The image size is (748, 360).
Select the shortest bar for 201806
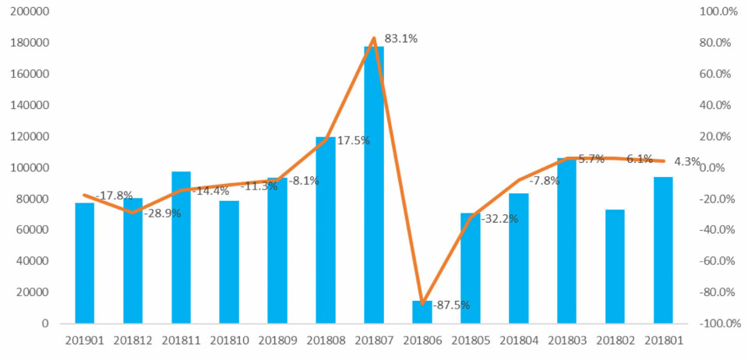point(422,312)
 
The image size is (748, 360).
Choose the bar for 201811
point(182,247)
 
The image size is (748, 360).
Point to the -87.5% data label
point(453,305)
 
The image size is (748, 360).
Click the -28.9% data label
point(162,213)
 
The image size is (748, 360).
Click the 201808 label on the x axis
point(326,340)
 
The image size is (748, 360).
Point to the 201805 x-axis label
point(471,340)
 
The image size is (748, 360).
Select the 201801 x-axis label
point(663,340)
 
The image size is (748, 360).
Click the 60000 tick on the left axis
point(34,230)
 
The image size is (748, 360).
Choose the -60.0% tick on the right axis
point(718,261)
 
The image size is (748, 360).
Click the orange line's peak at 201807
point(374,38)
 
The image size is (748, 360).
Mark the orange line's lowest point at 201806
point(422,304)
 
